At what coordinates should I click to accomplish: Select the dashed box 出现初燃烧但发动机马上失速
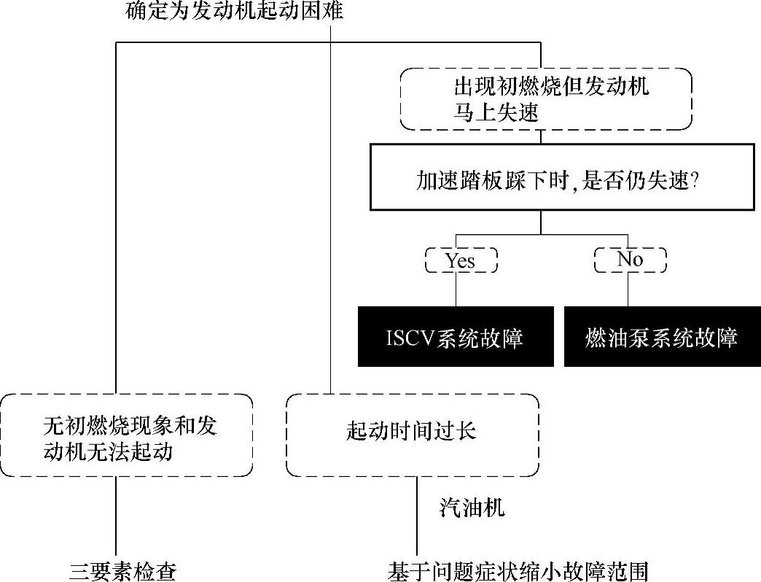[545, 99]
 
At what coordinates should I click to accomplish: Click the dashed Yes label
[461, 260]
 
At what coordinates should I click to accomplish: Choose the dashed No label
[630, 260]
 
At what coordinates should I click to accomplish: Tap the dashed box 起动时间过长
[412, 436]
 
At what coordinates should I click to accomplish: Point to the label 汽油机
[472, 508]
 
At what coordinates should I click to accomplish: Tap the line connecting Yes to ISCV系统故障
[456, 290]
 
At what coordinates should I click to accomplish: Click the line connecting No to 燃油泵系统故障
[628, 290]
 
